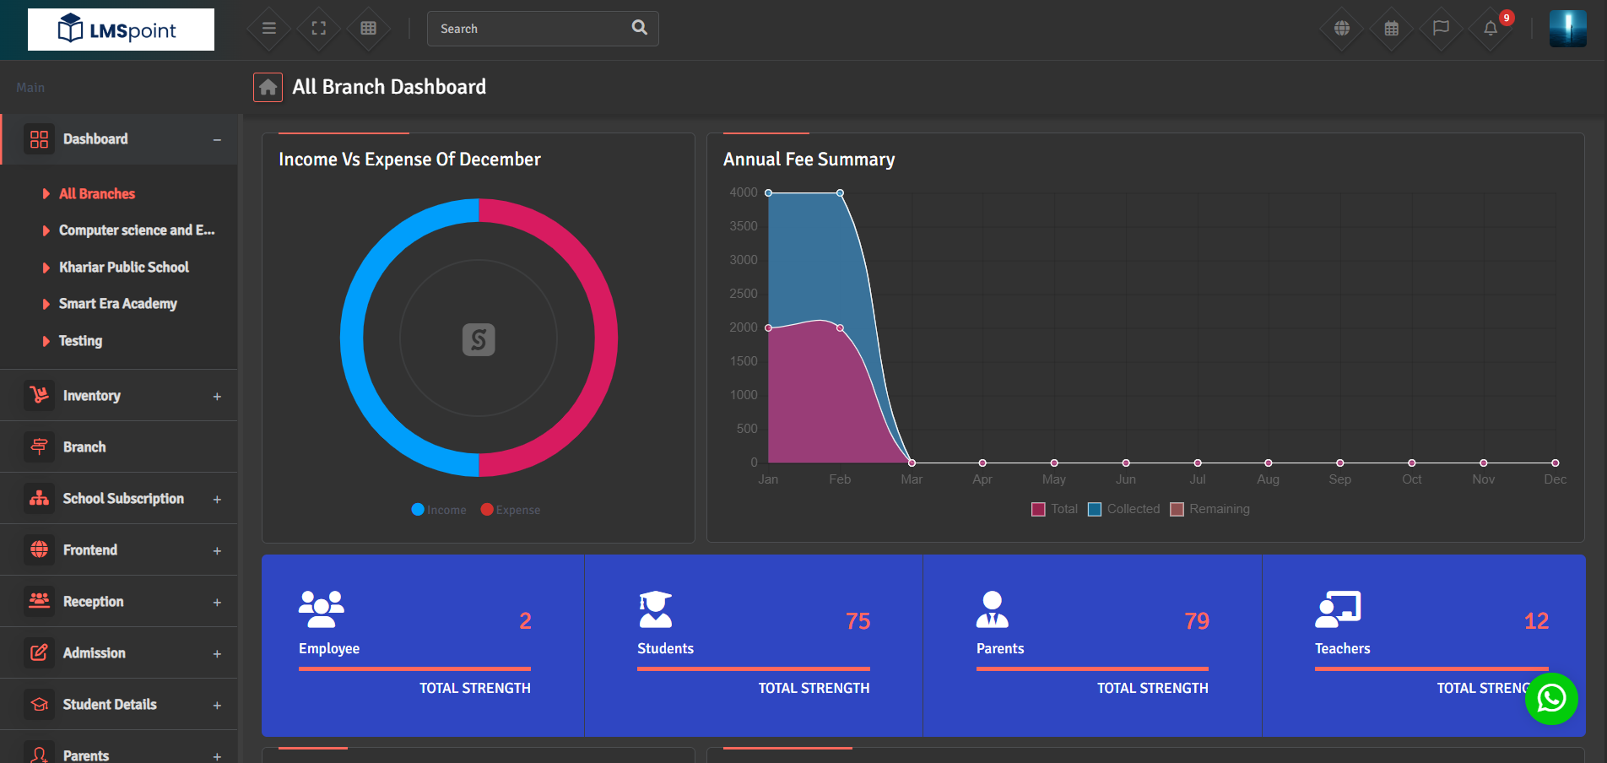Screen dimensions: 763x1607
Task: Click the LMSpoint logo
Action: tap(121, 30)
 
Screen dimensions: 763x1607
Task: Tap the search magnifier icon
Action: tap(640, 28)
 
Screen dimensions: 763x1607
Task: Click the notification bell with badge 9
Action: tap(1491, 29)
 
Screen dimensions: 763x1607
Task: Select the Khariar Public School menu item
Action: tap(123, 268)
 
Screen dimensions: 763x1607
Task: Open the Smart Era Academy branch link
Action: tap(117, 304)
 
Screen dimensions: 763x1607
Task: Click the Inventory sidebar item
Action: tap(91, 396)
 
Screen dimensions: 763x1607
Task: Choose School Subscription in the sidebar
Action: tap(123, 499)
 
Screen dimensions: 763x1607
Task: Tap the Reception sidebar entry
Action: tap(93, 602)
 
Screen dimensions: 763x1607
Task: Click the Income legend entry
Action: tap(439, 510)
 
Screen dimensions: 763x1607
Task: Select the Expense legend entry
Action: tap(511, 510)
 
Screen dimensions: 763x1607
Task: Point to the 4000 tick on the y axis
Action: tap(743, 192)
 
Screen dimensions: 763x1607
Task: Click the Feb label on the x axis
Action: tap(840, 479)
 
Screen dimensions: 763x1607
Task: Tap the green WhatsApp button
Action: tap(1551, 699)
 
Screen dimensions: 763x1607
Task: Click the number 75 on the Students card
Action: tap(858, 621)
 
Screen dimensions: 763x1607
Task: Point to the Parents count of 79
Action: tap(1196, 621)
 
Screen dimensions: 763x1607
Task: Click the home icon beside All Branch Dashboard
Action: tap(268, 87)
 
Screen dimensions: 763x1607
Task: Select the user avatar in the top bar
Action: tap(1567, 29)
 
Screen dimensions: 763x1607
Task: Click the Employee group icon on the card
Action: tap(321, 609)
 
